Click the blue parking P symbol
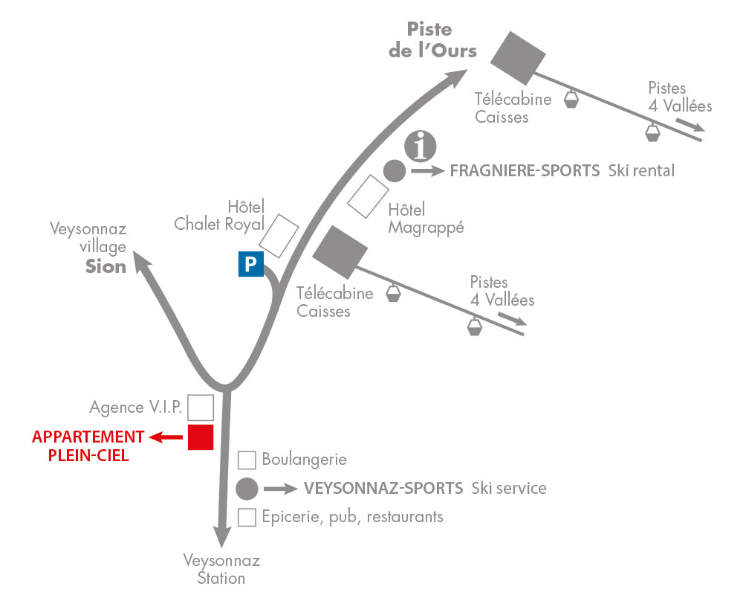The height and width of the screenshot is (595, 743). (250, 264)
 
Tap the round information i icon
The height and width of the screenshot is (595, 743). (420, 145)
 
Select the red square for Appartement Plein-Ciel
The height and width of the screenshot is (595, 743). (201, 437)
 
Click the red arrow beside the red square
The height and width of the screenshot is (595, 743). (166, 437)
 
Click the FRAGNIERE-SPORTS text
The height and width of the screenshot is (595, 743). (525, 171)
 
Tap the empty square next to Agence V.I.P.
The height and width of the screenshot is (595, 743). (201, 408)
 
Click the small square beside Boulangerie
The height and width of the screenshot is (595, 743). (247, 460)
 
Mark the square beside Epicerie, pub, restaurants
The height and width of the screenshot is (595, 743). (247, 516)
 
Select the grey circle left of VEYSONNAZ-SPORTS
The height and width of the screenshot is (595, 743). (247, 489)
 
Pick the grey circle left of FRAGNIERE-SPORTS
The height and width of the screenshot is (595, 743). (394, 171)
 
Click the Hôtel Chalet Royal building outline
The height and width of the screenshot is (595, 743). (279, 232)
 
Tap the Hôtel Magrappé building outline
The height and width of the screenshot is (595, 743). (369, 196)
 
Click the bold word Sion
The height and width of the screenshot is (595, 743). (106, 266)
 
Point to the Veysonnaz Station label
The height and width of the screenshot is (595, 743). (221, 569)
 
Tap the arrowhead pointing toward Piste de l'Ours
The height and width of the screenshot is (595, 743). (458, 78)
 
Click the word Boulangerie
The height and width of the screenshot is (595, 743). (305, 460)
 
